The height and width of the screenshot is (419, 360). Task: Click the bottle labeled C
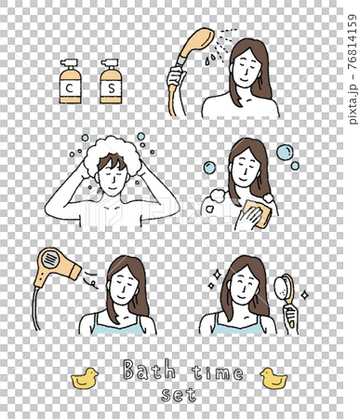pos(69,85)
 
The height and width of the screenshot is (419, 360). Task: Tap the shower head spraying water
pos(198,43)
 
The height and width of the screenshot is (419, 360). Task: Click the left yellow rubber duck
pos(85,378)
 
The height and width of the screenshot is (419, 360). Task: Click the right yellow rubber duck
pos(273,378)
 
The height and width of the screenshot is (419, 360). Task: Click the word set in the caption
pos(179,395)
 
